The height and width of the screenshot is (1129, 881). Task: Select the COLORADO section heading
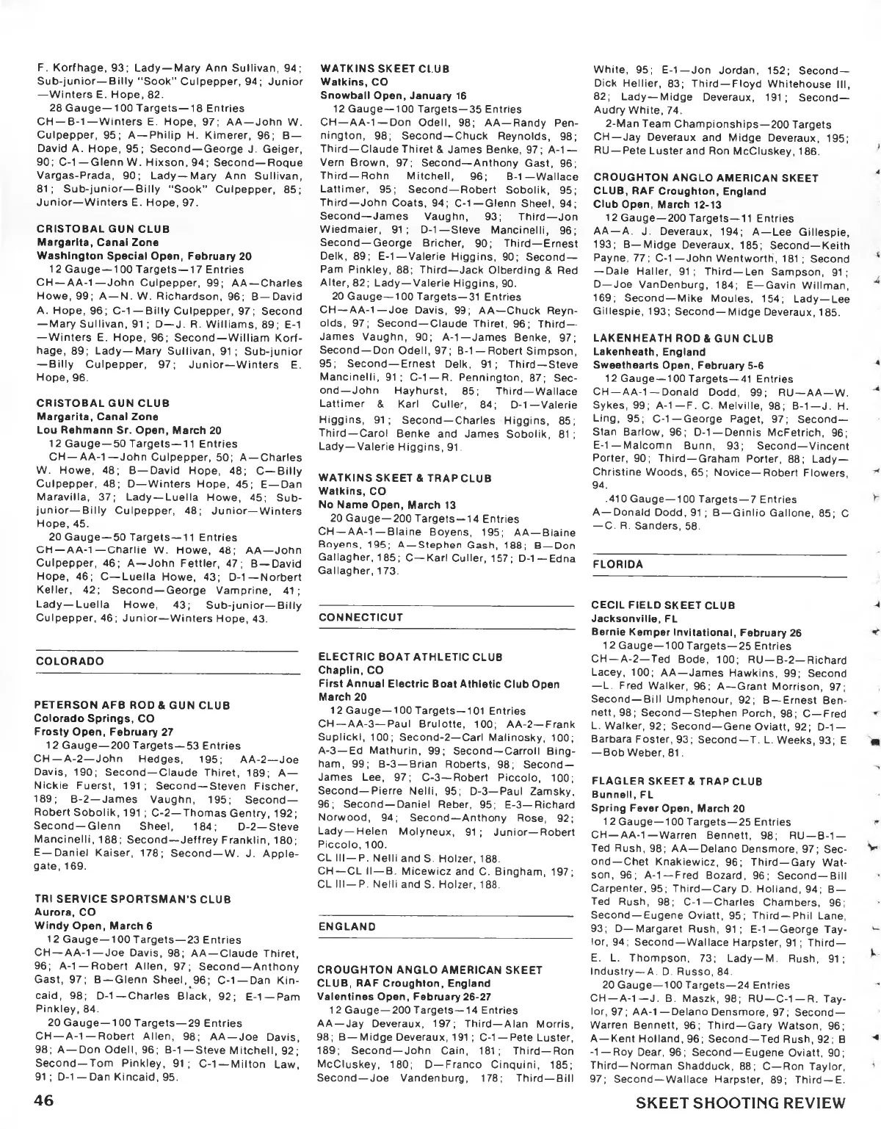(x=70, y=661)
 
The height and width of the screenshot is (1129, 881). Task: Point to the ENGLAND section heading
(x=347, y=927)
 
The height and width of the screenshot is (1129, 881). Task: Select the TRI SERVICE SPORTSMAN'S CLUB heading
(x=133, y=899)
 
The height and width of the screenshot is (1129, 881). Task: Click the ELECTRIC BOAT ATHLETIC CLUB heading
(x=410, y=657)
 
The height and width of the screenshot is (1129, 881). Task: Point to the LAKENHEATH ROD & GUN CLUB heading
(x=683, y=339)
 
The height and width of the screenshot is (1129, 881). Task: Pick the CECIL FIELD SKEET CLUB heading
(x=664, y=605)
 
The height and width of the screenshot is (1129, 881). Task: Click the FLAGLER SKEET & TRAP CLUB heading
(x=677, y=782)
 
